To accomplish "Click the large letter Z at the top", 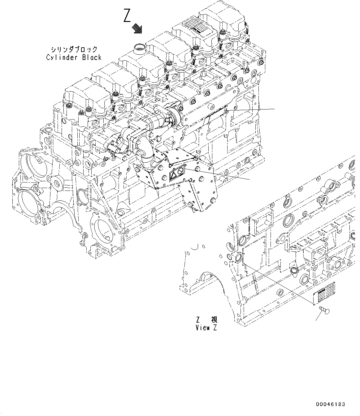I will coord(127,16).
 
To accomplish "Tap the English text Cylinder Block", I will coord(74,58).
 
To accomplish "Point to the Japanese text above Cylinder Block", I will coord(74,49).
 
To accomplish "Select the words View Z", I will coord(206,328).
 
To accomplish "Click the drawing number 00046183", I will coord(330,404).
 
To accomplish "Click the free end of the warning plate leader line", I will coord(249,179).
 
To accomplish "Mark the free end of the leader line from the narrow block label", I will coord(275,109).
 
